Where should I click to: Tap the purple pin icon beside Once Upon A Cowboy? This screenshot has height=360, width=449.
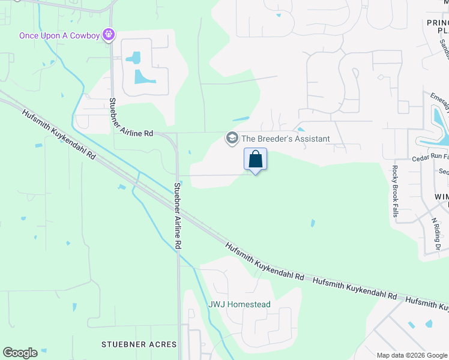(109, 35)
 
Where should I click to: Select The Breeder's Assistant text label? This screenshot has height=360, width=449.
(285, 139)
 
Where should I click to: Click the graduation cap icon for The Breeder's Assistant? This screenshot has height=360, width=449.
(232, 139)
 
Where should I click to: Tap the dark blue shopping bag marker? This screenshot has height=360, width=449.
(255, 160)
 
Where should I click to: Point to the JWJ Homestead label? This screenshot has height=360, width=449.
(239, 304)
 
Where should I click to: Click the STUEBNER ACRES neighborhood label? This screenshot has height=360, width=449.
(139, 344)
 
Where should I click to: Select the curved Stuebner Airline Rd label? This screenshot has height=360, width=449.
(131, 116)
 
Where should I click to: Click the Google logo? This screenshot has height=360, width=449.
(20, 353)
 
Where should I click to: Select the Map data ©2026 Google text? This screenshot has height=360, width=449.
(411, 355)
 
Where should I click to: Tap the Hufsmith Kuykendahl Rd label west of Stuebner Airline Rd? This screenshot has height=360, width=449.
(59, 133)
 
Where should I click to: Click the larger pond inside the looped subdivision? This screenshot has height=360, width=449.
(145, 76)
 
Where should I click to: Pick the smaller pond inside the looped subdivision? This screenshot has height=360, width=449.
(134, 58)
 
